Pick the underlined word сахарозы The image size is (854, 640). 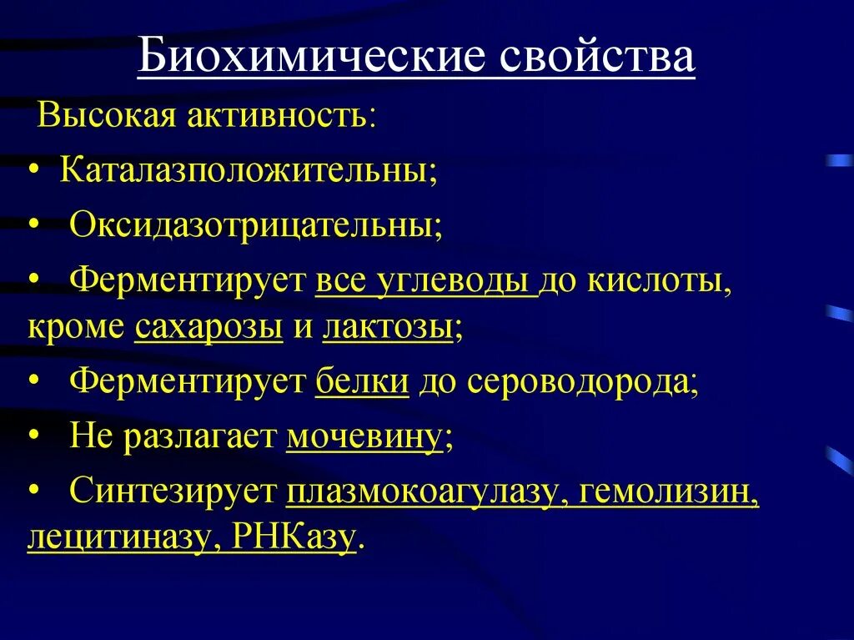[x=208, y=327]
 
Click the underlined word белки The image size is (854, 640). [x=363, y=383]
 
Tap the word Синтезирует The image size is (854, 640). [x=173, y=491]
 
